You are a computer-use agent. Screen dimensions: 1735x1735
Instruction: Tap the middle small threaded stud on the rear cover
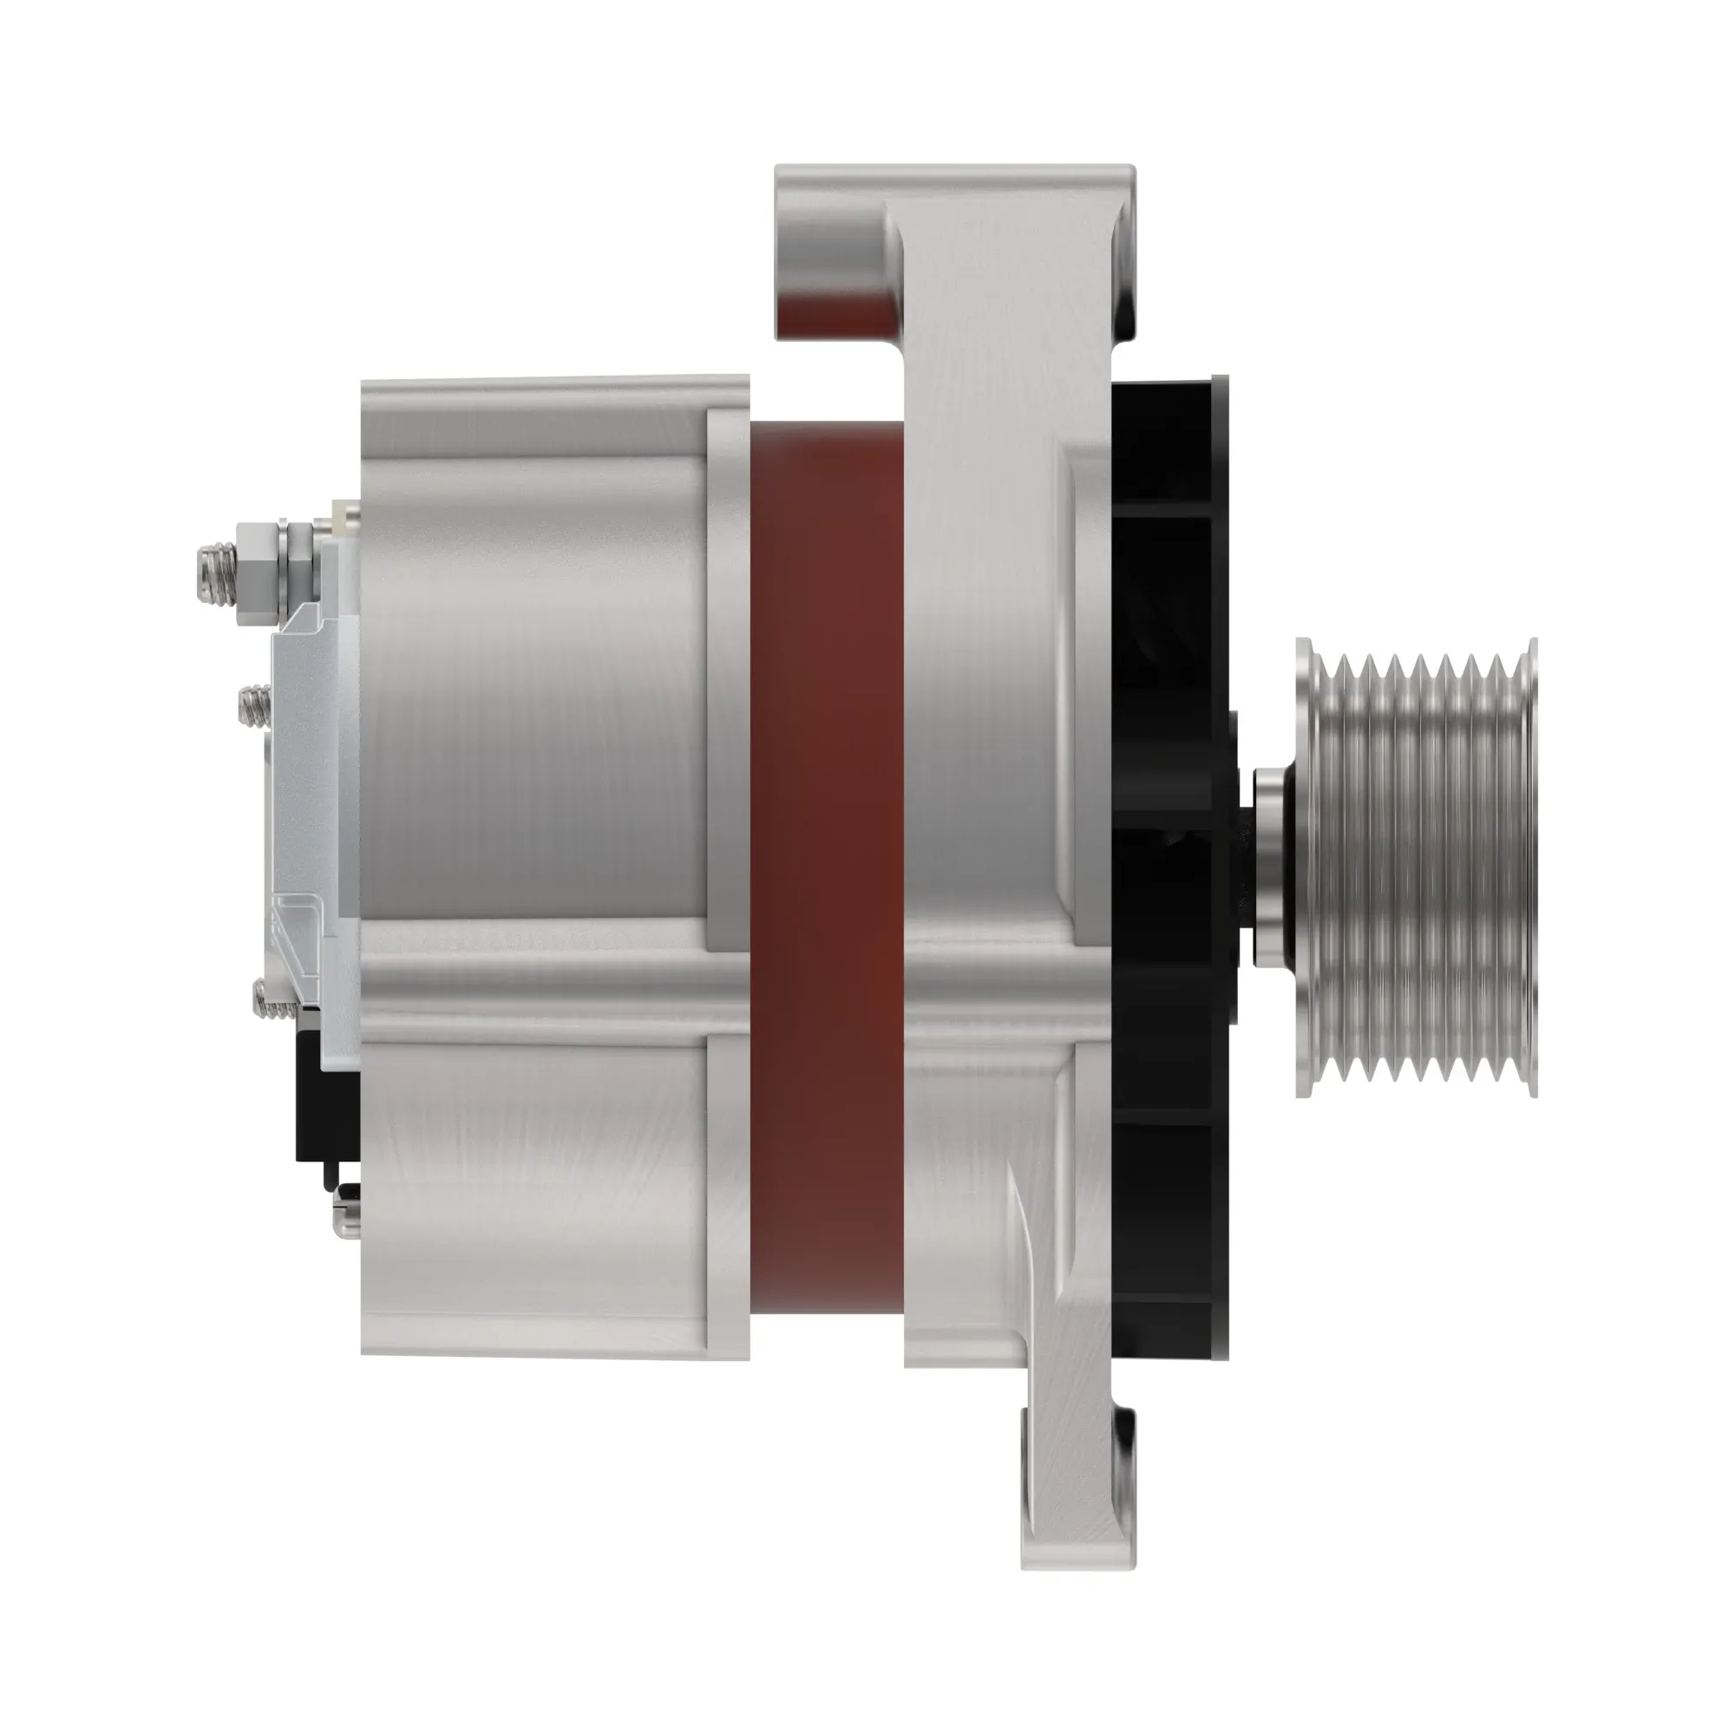254,706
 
